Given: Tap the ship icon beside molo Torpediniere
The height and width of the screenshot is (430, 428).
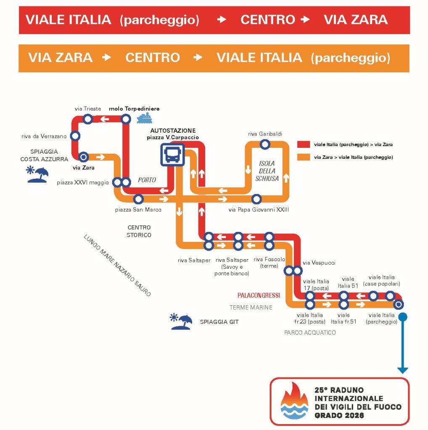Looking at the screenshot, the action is [x=144, y=118].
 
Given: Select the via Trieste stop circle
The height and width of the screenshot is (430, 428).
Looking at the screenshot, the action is [x=88, y=119].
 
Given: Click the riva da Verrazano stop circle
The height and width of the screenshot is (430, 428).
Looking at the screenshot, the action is [x=75, y=136].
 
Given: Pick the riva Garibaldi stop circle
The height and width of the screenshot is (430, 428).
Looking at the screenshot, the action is [x=264, y=144].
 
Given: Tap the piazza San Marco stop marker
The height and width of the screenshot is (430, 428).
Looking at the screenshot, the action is [x=138, y=199].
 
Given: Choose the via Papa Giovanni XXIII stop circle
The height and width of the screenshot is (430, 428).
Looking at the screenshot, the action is [x=256, y=199].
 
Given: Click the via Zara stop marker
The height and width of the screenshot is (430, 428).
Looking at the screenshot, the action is [x=84, y=157].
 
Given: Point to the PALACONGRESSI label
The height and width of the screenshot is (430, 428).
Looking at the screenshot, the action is [x=259, y=295].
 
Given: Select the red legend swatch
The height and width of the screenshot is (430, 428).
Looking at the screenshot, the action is [x=304, y=144].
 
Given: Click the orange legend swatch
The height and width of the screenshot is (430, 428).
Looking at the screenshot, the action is [x=304, y=157].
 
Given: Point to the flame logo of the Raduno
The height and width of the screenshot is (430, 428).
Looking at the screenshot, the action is [x=294, y=401].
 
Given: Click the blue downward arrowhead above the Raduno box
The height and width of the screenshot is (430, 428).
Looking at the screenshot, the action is [x=403, y=370].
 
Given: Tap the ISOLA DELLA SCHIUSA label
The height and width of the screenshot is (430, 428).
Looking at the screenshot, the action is [x=267, y=171].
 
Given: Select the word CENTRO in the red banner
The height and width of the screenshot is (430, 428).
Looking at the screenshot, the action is [x=268, y=20].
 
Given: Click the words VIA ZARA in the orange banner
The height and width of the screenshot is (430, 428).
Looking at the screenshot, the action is [x=61, y=58].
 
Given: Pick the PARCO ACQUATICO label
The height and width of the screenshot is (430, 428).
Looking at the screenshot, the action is [x=310, y=333].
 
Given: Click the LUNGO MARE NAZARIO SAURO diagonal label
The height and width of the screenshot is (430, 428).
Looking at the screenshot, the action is [x=117, y=265].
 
